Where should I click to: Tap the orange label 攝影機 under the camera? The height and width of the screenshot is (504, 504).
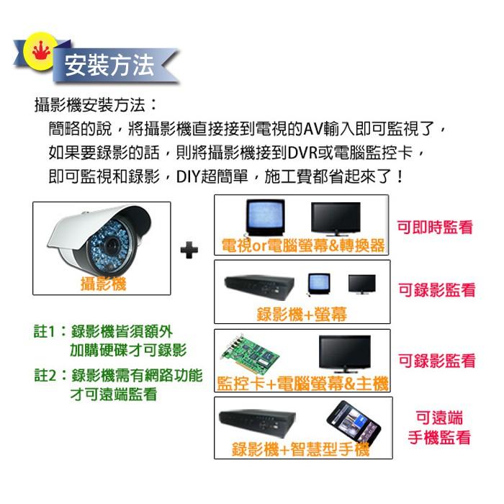[104, 284]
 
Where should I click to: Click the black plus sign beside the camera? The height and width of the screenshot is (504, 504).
[189, 250]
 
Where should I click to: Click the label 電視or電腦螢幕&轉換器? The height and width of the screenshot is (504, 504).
[302, 246]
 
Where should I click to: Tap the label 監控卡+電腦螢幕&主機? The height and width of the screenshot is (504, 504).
[302, 384]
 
